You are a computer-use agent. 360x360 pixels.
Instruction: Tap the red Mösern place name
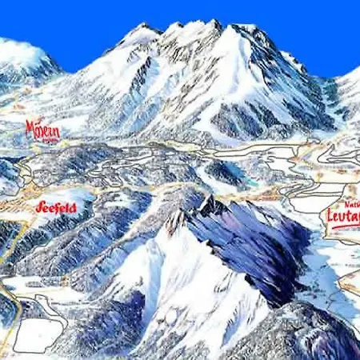pyautogui.click(x=42, y=129)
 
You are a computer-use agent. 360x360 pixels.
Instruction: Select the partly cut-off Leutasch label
pyautogui.click(x=343, y=214)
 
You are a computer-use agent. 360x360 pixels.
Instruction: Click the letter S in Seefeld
pyautogui.click(x=39, y=206)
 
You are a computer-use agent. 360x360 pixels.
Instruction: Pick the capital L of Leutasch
pyautogui.click(x=330, y=214)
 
